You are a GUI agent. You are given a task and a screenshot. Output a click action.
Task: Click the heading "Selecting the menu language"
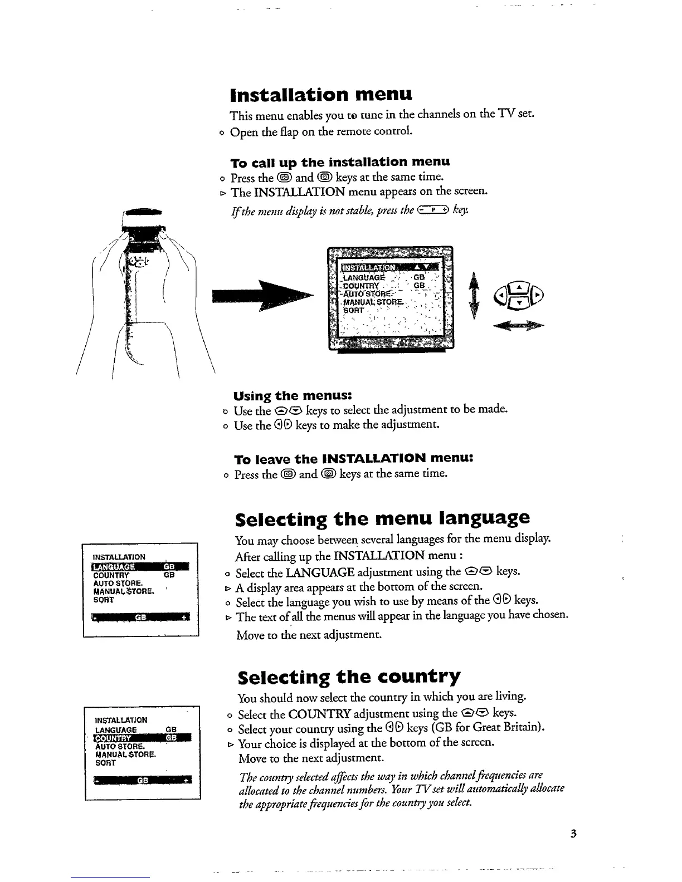tap(382, 518)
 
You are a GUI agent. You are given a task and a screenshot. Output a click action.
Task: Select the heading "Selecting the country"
tap(349, 677)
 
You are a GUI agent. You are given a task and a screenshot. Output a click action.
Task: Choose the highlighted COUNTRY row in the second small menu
tap(143, 738)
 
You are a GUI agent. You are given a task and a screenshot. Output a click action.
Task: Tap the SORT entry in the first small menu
tap(104, 600)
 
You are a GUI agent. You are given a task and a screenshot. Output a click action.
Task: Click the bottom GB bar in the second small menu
tap(143, 780)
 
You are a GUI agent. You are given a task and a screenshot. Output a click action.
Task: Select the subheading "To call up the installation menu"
tap(340, 162)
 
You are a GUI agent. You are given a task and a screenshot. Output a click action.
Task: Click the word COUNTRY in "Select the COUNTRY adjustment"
tap(327, 714)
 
